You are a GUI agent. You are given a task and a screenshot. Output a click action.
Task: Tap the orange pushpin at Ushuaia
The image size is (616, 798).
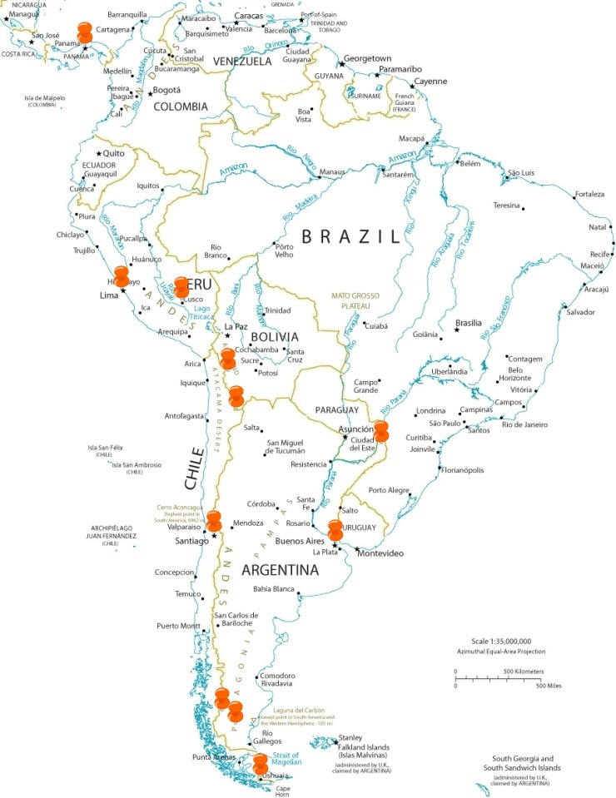[261, 764]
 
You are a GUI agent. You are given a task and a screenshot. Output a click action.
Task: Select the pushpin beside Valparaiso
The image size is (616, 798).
[214, 521]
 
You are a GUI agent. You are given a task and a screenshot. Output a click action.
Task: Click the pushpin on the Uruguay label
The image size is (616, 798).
[335, 529]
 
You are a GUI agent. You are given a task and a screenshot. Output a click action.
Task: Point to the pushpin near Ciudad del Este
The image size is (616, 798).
[381, 431]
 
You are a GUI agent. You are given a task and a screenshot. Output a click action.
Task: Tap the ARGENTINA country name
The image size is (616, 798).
[280, 570]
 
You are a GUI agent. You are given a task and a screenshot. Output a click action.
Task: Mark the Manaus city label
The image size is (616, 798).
[331, 171]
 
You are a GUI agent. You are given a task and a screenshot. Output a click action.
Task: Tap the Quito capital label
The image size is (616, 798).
[115, 153]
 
